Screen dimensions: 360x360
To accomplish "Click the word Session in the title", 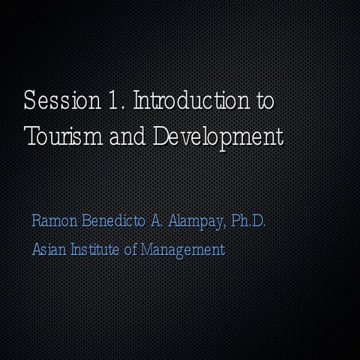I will (x=56, y=102).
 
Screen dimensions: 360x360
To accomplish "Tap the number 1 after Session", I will (x=108, y=102).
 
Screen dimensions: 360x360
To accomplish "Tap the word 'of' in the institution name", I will (x=129, y=249).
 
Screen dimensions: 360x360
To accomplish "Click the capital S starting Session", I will (x=29, y=102).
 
